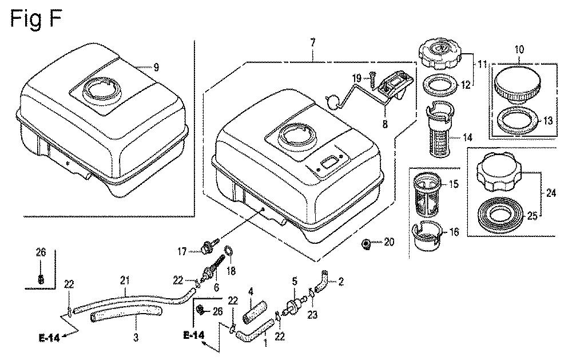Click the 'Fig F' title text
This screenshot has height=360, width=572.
pos(35,19)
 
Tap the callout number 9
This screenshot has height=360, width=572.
pos(156,67)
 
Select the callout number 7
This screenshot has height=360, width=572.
pos(313,43)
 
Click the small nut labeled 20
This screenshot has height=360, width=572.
pos(366,243)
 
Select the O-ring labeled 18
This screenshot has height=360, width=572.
pos(228,252)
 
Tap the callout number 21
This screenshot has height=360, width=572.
pos(125,282)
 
